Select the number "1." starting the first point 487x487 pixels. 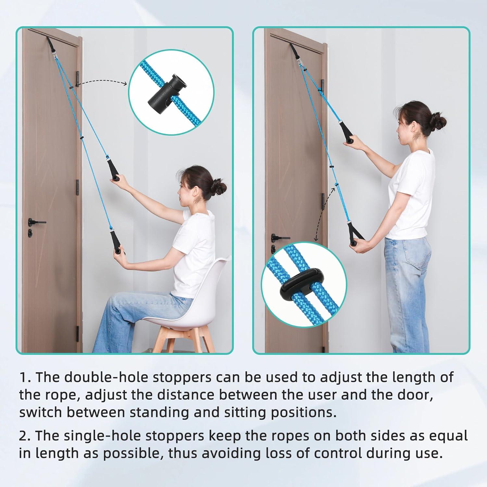coord(25,377)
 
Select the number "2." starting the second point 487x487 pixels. coord(25,436)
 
